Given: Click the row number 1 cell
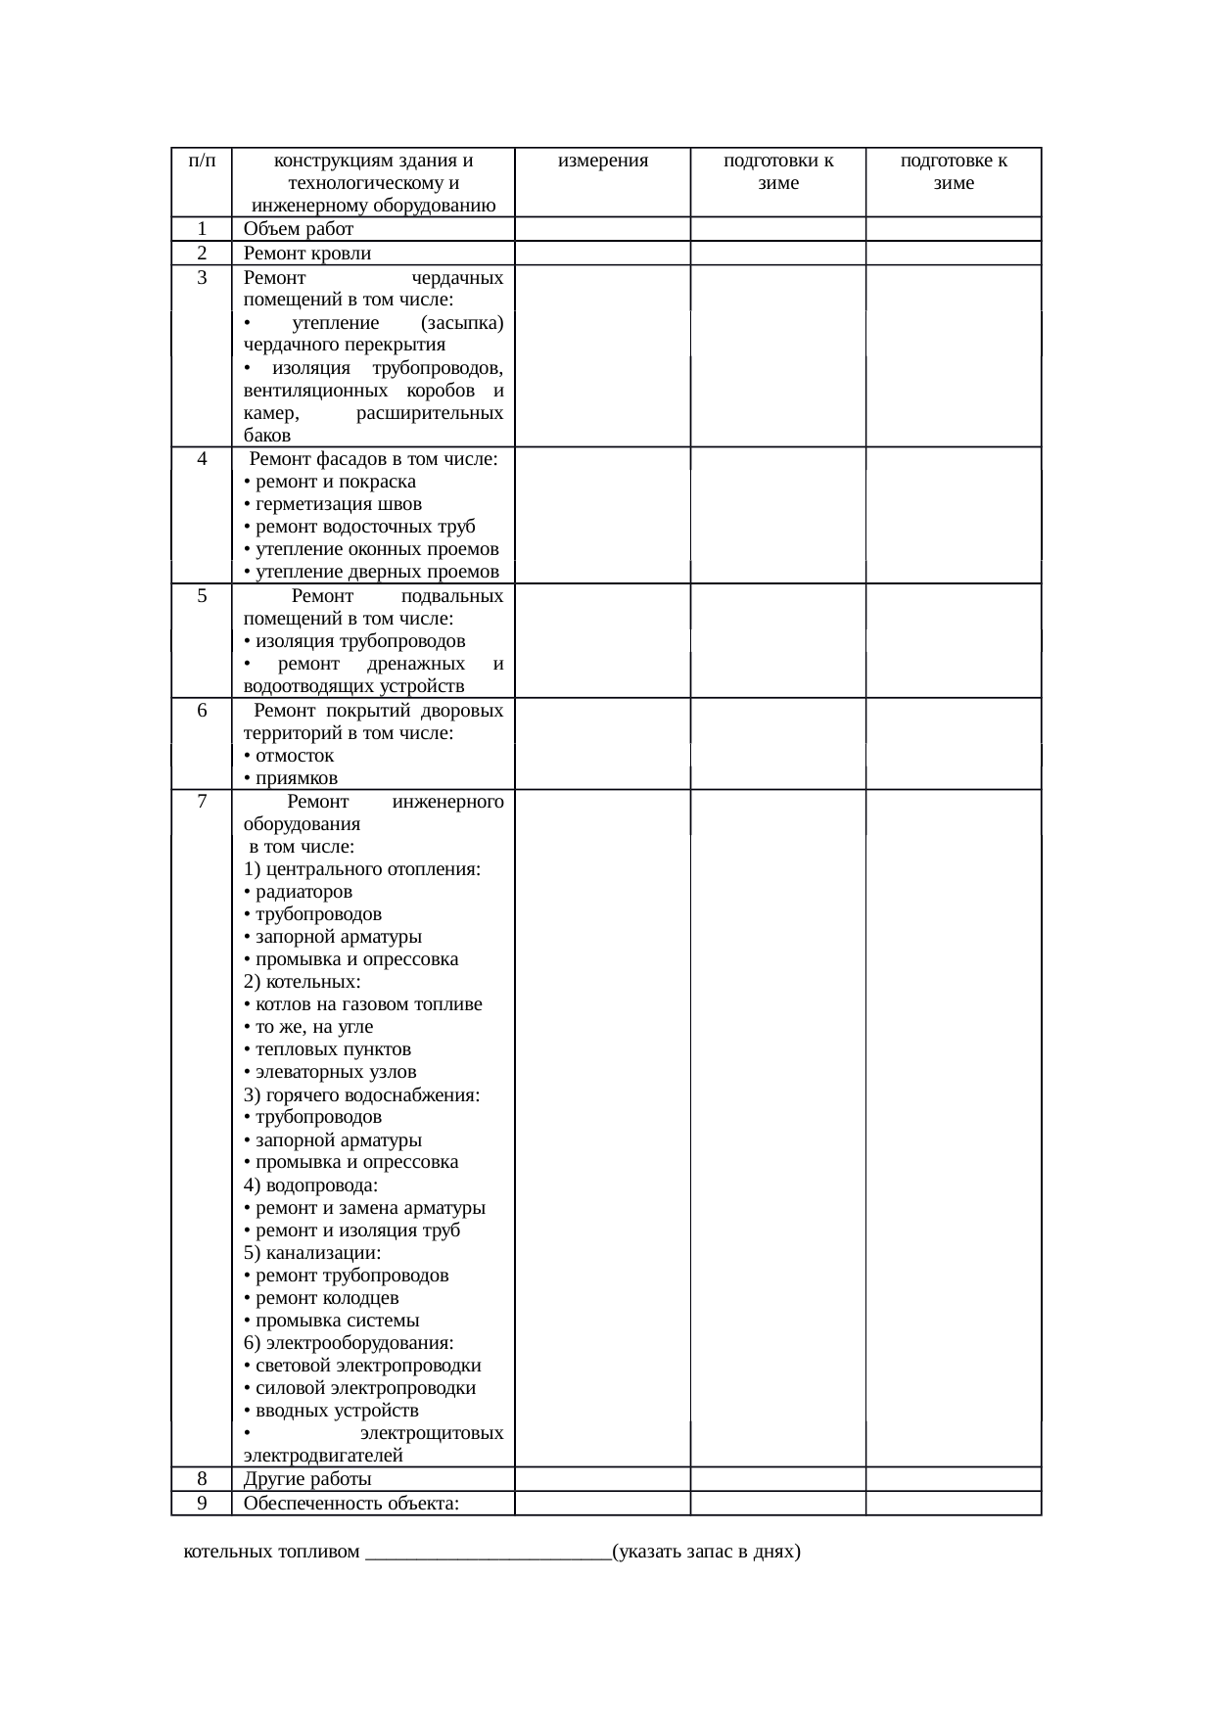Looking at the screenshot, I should point(201,229).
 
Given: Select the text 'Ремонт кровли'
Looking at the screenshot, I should point(307,254).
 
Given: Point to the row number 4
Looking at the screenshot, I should point(201,459).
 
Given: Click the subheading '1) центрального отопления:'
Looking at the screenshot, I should point(361,869).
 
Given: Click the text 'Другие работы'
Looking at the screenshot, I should point(307,1479).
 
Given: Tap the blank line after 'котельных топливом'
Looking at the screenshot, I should point(487,1553).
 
